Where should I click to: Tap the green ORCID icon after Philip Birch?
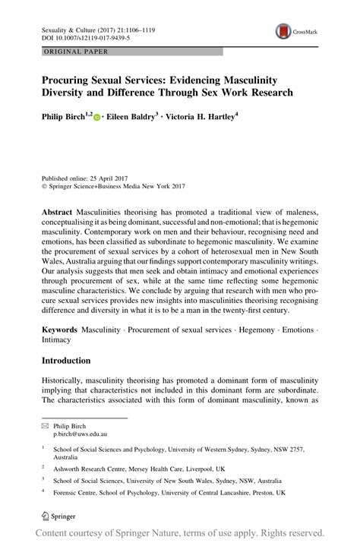(96, 118)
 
